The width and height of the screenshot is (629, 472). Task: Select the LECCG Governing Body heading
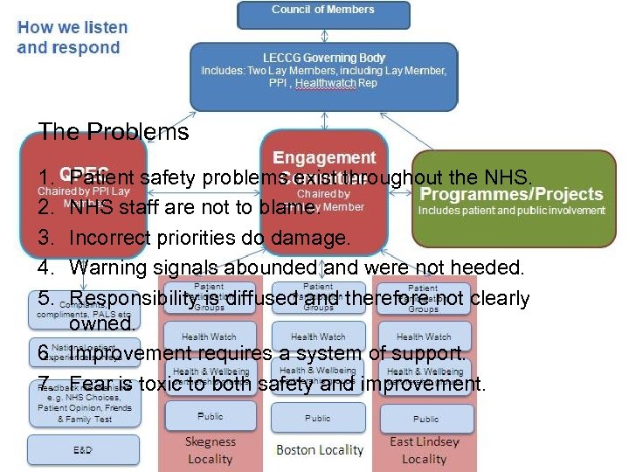tap(324, 57)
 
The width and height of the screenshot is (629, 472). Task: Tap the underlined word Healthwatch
tap(326, 84)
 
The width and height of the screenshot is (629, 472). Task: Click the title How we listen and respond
tap(73, 38)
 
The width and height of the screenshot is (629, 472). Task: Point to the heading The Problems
tap(114, 132)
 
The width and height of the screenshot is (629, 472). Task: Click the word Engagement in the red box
tap(324, 158)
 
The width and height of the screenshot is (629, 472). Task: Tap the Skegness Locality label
tap(211, 450)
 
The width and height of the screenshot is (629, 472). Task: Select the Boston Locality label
tap(319, 450)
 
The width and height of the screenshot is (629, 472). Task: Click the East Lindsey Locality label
tap(425, 450)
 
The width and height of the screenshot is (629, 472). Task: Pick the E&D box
tap(83, 449)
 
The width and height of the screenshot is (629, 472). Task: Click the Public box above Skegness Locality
tap(210, 417)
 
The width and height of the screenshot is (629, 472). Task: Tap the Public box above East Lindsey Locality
tap(425, 419)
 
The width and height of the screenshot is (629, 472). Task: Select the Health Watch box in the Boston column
tap(318, 337)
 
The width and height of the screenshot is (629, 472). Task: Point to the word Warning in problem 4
tap(105, 267)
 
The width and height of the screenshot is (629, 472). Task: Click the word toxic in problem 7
tap(162, 384)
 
